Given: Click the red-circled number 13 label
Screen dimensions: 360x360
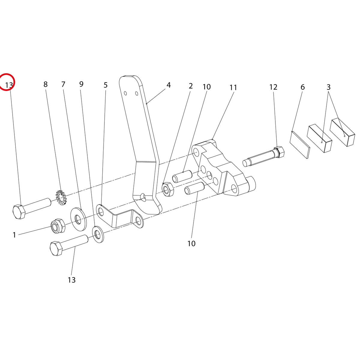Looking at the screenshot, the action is click(9, 85).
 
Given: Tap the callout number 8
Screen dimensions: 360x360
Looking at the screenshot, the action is click(45, 84).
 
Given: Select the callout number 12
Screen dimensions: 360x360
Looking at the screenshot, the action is click(273, 87).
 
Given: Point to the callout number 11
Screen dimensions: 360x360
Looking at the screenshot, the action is click(233, 87).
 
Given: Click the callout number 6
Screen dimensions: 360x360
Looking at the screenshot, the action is click(302, 87).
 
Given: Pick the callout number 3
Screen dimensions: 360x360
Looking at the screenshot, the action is click(328, 87).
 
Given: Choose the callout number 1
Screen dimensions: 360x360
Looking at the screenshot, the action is click(14, 235).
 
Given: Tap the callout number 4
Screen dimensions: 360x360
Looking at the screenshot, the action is click(168, 85).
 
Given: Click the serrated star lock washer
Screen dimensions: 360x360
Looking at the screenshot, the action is click(60, 197).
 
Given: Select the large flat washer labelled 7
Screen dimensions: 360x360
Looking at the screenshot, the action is click(79, 218).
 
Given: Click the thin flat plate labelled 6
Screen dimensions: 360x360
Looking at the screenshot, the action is click(300, 145).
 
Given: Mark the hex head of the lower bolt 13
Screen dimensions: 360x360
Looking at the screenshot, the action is click(56, 248).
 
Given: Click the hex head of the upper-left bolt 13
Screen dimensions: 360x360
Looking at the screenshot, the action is click(19, 212).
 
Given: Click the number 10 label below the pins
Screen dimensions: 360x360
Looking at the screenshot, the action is click(191, 243).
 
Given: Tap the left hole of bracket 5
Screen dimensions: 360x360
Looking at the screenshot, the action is click(101, 211).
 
